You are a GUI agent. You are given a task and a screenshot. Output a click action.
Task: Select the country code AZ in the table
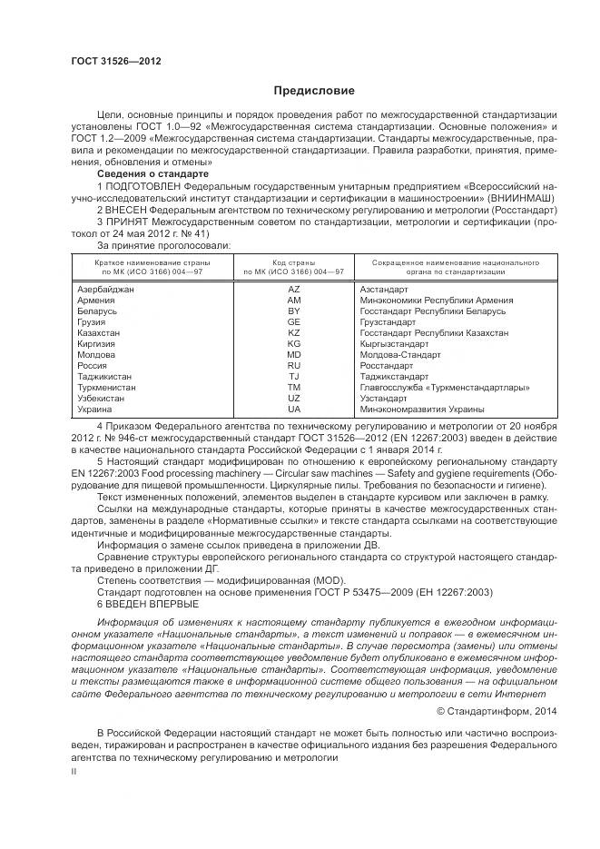[x=293, y=289]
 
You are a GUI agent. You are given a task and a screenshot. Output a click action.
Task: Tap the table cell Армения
[x=96, y=300]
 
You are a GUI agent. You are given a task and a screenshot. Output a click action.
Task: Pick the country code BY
[x=293, y=311]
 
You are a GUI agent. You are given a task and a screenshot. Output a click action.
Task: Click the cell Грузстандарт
[x=389, y=321]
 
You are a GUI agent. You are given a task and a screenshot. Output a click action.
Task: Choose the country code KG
[x=293, y=344]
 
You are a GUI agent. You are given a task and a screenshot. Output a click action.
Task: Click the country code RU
[x=293, y=366]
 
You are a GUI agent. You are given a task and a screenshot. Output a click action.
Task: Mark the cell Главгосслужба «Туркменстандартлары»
[x=436, y=388]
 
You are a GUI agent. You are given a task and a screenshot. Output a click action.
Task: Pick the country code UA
[x=293, y=410]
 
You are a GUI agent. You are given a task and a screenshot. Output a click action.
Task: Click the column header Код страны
[x=293, y=262]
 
